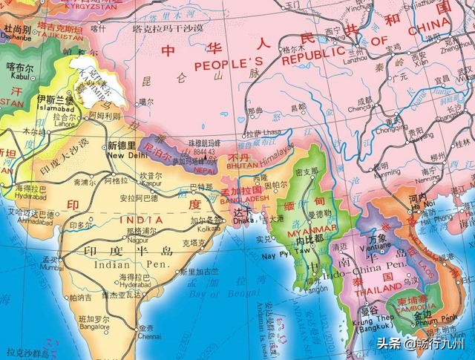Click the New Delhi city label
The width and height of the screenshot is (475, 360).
127,156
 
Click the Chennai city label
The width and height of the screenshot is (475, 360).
148,336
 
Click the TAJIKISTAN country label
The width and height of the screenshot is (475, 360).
36,34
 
